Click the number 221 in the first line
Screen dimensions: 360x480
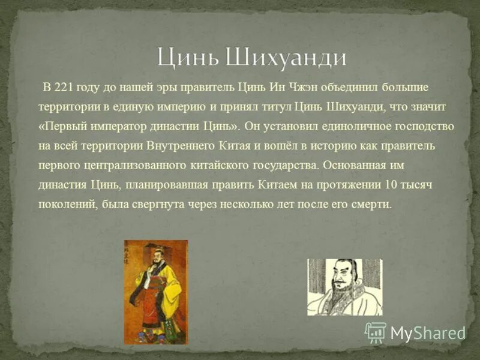(x=64, y=88)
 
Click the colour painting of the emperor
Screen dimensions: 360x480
(x=156, y=292)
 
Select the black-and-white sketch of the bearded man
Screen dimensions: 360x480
(x=344, y=287)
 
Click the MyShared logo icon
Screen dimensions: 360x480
(x=376, y=332)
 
